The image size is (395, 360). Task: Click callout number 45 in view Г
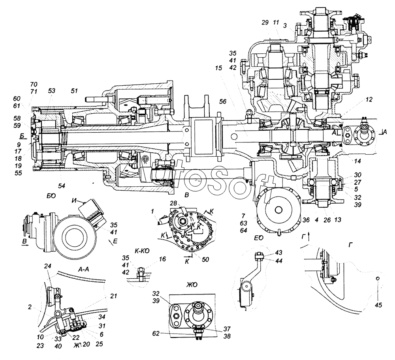coord(379,304)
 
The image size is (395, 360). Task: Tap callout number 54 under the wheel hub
coord(62,186)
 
